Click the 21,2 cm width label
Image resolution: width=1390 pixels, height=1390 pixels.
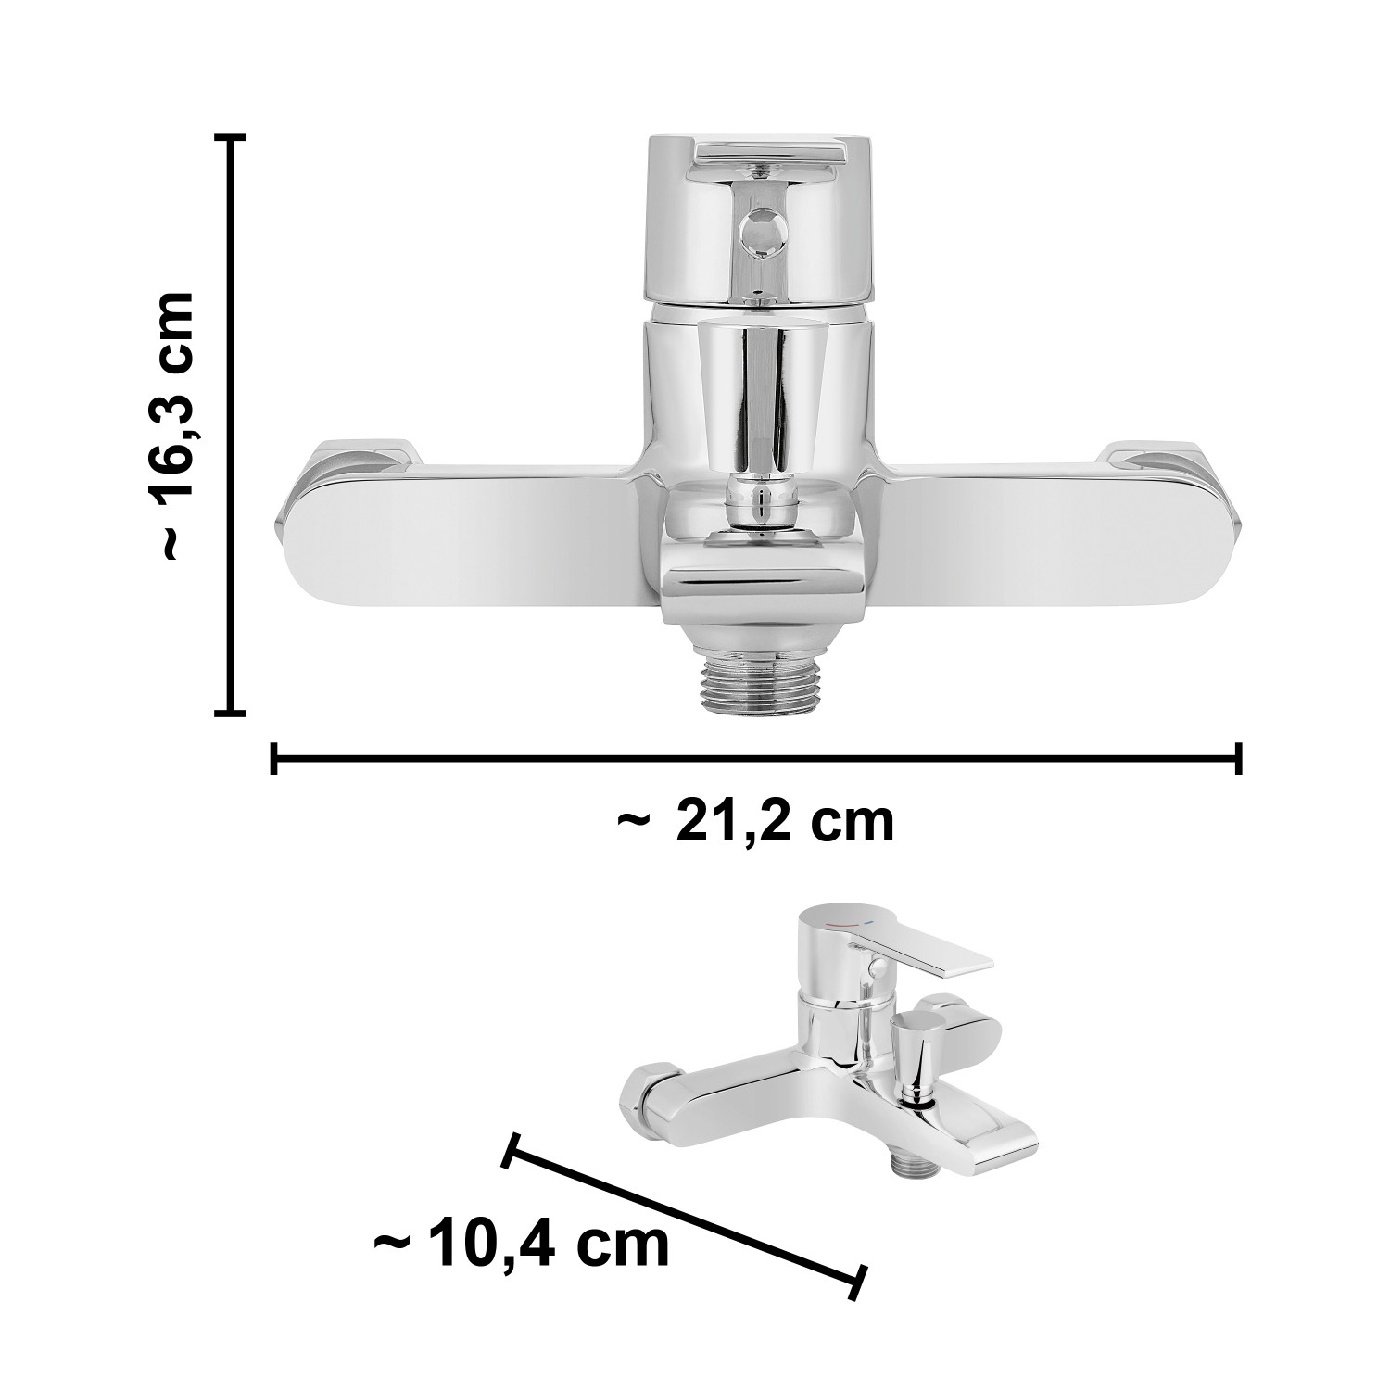tap(755, 821)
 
